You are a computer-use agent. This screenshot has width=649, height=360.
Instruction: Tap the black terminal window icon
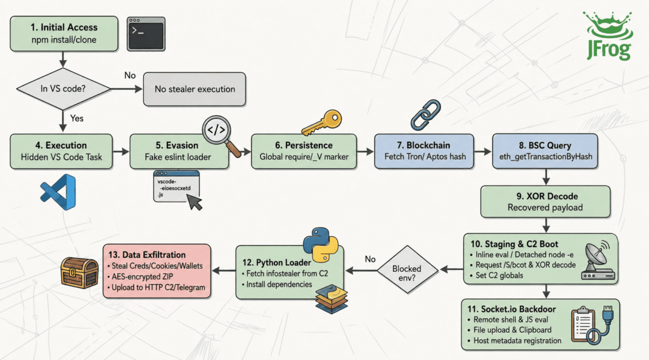(146, 34)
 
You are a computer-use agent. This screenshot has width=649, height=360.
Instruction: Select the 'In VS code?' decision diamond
(63, 89)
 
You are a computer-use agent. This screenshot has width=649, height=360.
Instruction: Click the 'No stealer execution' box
(195, 89)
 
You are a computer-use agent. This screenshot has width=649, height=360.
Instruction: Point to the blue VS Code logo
(58, 192)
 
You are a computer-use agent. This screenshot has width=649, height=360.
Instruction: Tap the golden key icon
(321, 122)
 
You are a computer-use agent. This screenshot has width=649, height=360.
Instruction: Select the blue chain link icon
(425, 115)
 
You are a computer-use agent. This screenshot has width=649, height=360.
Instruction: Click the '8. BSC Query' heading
(545, 146)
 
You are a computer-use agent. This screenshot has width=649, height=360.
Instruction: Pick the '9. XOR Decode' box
(545, 202)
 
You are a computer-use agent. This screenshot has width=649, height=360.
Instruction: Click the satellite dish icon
(598, 260)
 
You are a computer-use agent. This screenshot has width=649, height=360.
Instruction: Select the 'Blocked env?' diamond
(407, 270)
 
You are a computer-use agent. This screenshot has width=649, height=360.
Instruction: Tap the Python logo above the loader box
(321, 245)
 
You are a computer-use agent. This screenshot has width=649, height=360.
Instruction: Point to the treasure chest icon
(79, 273)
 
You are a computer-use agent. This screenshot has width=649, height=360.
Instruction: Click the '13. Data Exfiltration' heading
(147, 255)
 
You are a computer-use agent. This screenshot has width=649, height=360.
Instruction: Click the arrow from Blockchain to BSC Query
(482, 152)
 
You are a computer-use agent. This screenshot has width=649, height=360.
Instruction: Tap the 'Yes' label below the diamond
(77, 119)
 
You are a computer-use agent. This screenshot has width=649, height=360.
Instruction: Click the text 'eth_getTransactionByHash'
(546, 157)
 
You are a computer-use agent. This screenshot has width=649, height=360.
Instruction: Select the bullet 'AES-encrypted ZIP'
(140, 276)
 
